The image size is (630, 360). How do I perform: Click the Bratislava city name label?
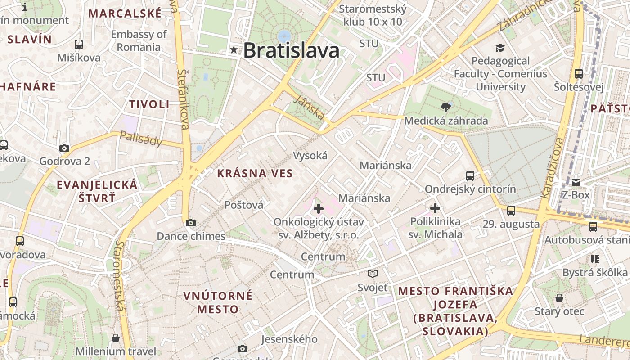coord(291,50)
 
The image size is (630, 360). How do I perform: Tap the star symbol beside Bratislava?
coord(234,49)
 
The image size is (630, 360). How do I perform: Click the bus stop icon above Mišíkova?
coord(79,45)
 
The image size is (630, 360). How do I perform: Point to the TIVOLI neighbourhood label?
coord(149,104)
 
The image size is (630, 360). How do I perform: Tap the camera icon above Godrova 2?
coord(64,148)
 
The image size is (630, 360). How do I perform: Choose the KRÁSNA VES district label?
coord(255,173)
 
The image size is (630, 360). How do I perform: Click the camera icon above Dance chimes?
coord(191,223)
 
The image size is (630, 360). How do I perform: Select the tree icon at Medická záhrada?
coord(446,107)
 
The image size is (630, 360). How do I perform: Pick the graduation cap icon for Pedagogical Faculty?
coord(500,48)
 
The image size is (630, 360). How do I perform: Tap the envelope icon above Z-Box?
coord(576,182)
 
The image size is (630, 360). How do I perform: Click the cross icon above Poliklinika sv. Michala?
coord(435,208)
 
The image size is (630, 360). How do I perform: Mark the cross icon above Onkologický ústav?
coord(319,208)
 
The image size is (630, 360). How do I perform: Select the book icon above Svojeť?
coord(373,274)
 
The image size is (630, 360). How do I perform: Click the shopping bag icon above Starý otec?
coord(559,298)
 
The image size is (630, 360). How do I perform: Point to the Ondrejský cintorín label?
coord(470,189)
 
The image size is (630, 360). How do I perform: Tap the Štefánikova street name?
coord(184,99)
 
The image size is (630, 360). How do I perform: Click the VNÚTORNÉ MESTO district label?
coord(218,302)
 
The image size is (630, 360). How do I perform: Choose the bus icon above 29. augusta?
coord(511,211)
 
